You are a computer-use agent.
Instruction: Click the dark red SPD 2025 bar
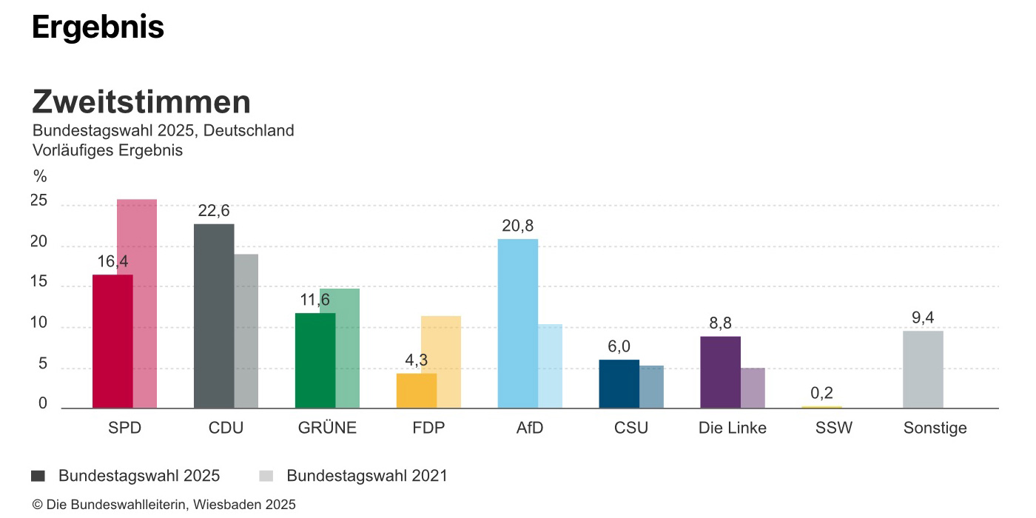click(112, 341)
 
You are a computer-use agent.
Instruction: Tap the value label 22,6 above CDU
click(214, 211)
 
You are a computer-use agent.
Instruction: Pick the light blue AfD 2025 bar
click(517, 323)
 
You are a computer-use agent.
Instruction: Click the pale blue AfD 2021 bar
click(550, 366)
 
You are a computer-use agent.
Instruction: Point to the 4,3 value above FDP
click(417, 360)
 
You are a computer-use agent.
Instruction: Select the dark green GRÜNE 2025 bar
click(315, 360)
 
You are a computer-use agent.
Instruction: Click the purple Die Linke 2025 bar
click(720, 371)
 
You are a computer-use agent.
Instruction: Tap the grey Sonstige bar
click(923, 369)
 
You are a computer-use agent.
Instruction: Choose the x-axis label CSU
click(630, 428)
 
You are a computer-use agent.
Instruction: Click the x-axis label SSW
click(833, 428)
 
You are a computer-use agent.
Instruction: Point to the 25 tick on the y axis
click(38, 201)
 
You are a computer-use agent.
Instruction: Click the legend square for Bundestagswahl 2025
click(38, 476)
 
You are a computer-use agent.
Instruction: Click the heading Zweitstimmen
click(141, 102)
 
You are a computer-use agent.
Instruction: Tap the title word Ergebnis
click(98, 27)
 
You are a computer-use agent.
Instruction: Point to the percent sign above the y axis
click(40, 177)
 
